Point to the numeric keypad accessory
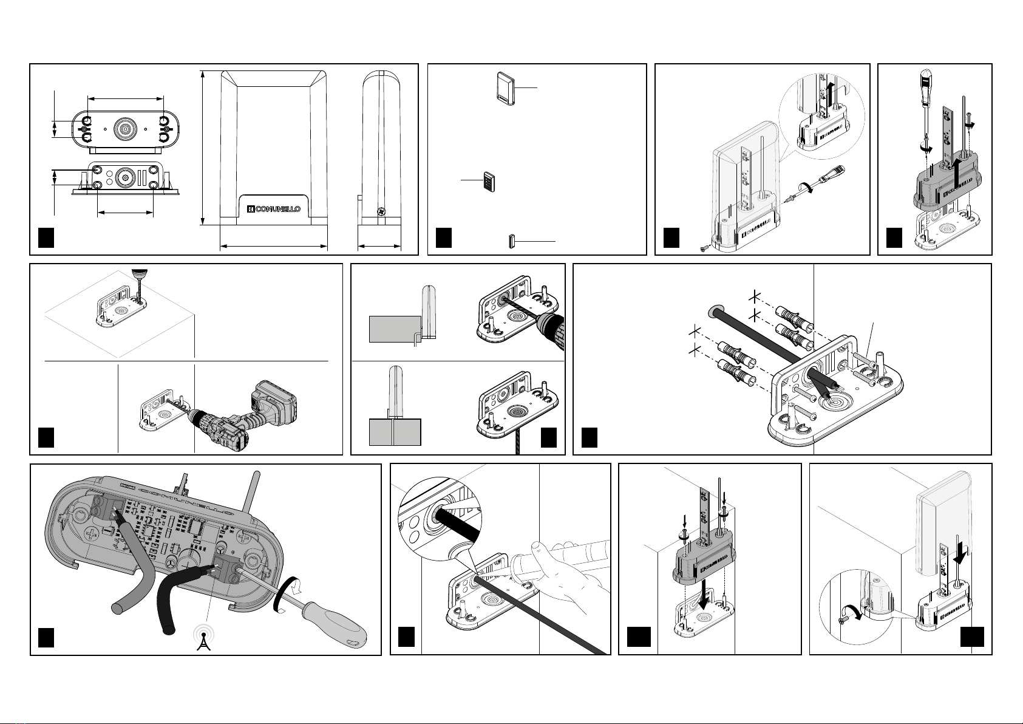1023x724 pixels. coord(489,182)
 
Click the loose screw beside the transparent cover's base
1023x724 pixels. coord(704,247)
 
